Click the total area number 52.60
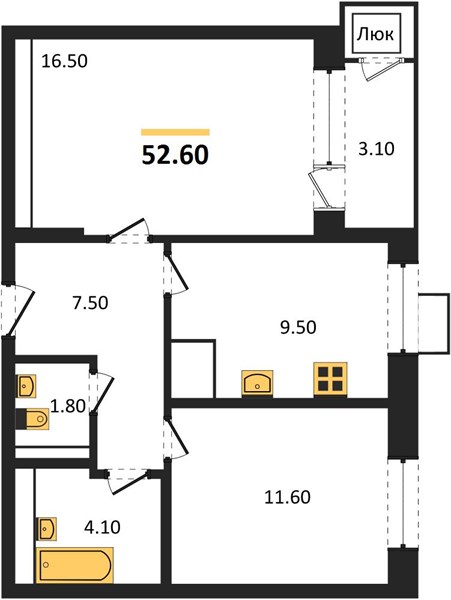click(175, 155)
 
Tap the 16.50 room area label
click(64, 61)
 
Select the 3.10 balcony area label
click(376, 148)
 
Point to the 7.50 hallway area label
click(90, 303)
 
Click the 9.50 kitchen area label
click(298, 328)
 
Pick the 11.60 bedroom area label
click(288, 497)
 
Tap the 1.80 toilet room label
click(68, 406)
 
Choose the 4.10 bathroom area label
click(102, 527)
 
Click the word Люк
click(375, 35)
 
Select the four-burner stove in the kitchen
click(331, 379)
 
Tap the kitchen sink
click(257, 383)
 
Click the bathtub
click(75, 566)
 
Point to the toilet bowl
click(33, 419)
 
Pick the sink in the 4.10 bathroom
click(47, 529)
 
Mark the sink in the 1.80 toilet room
click(26, 386)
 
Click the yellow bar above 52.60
click(176, 132)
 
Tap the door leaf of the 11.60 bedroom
click(177, 439)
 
